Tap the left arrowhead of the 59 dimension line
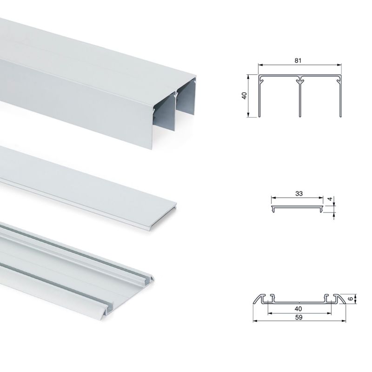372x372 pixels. point(255,321)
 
